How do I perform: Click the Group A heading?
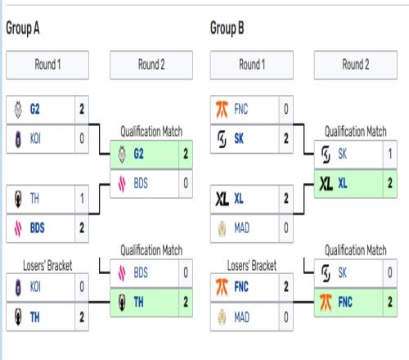23,29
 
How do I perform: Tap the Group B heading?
227,29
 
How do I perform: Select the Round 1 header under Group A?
47,65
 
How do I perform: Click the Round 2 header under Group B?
356,65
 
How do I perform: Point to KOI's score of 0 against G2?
82,138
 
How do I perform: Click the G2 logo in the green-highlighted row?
122,154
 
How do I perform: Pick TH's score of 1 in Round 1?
82,198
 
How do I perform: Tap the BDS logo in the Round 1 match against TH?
18,228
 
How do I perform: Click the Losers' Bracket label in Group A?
47,265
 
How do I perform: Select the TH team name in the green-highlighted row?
138,302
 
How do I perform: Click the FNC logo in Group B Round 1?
222,110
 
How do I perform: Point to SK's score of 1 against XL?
390,154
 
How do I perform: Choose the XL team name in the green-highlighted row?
343,183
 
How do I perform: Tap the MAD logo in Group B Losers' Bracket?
222,317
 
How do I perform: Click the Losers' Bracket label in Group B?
252,265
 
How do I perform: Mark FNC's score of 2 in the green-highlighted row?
390,302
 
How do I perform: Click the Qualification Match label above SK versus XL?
356,132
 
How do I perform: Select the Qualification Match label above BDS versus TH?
151,250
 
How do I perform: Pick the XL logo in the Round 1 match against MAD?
222,199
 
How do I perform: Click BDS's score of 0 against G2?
186,183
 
